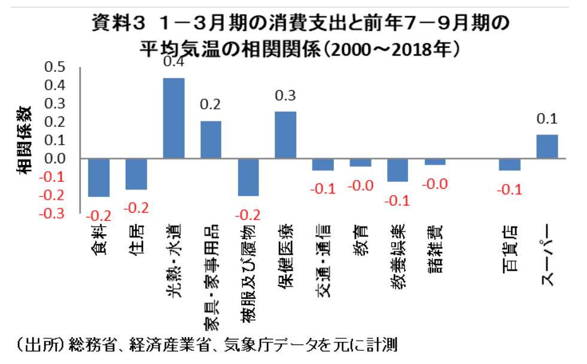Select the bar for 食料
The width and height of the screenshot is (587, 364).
[99, 178]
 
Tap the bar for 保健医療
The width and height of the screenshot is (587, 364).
[285, 135]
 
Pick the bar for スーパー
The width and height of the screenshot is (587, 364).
[547, 146]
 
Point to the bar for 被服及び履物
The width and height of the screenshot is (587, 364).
[248, 178]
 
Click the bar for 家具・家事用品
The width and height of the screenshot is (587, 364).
[211, 140]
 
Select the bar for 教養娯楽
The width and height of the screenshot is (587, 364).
[397, 170]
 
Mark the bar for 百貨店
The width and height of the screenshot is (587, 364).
[510, 164]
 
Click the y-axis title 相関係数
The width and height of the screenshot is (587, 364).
[25, 140]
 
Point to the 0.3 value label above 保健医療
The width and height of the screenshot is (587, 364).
[285, 96]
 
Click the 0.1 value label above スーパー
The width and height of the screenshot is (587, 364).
[547, 119]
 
